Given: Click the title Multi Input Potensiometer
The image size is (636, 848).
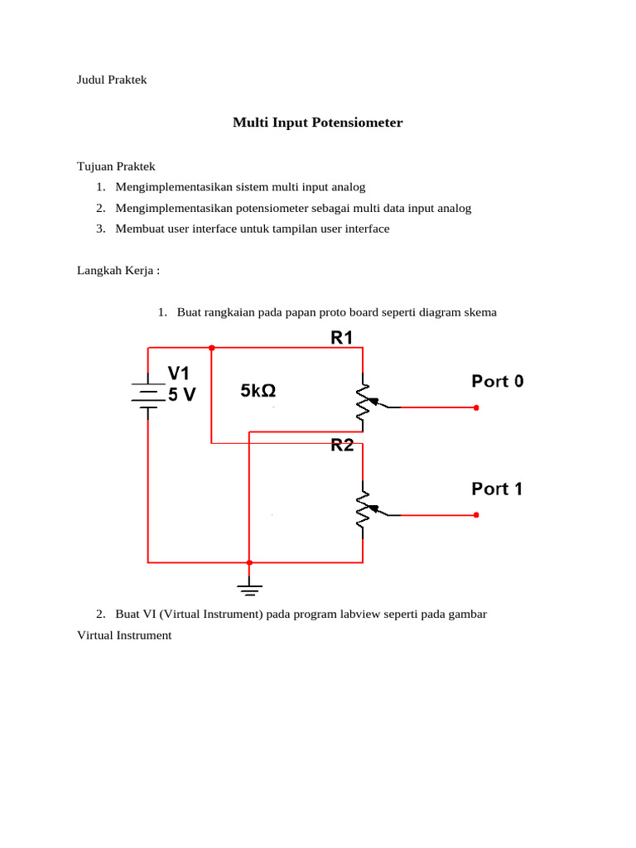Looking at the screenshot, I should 317,123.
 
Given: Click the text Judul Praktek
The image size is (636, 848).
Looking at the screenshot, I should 112,80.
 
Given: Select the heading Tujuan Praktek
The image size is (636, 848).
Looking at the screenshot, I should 116,166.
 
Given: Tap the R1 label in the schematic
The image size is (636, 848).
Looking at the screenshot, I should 342,336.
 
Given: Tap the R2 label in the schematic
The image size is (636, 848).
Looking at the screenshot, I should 342,446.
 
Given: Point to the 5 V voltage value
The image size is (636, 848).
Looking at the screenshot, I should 182,395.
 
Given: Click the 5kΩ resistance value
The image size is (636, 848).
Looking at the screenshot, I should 258,390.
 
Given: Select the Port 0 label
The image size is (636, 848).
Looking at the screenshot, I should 498,382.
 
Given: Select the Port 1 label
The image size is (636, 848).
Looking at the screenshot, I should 497,489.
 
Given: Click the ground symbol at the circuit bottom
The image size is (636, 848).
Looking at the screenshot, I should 248,589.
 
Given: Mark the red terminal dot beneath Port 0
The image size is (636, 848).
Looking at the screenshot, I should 477,407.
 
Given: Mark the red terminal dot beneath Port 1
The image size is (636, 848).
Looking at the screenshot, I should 477,515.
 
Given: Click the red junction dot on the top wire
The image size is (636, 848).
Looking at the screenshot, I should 212,348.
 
